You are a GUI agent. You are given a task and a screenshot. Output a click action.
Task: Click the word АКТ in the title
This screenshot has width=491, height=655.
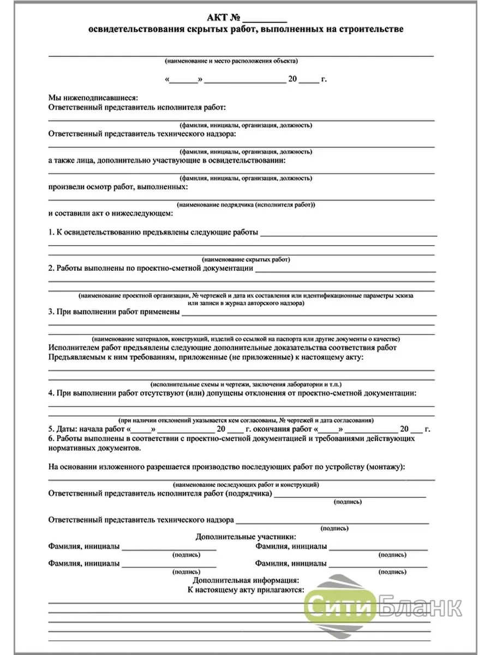(220, 16)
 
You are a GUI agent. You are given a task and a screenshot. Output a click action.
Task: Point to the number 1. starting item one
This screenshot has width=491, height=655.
(52, 232)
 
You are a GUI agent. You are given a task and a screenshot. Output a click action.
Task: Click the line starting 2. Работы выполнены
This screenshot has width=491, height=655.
(151, 268)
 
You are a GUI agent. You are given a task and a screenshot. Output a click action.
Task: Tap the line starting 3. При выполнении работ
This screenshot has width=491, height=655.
(114, 312)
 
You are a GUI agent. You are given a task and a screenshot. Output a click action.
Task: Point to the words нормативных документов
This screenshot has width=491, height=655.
(94, 448)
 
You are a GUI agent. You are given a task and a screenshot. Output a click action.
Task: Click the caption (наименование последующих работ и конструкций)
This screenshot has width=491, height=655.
(246, 484)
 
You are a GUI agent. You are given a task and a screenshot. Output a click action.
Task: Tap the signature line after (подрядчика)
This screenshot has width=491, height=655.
(349, 496)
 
